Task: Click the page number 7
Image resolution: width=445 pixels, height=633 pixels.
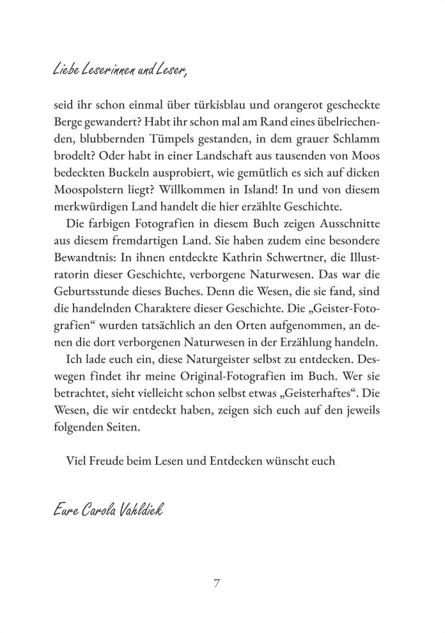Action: point(217,584)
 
